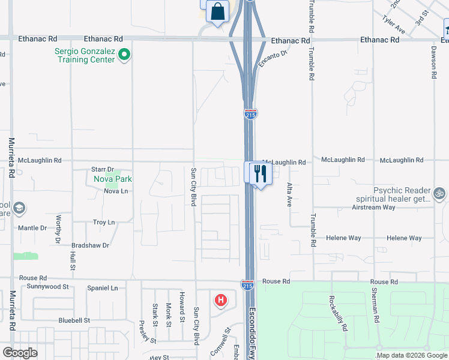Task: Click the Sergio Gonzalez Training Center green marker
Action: pyautogui.click(x=124, y=56)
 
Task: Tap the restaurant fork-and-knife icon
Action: pyautogui.click(x=260, y=173)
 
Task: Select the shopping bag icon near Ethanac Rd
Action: pyautogui.click(x=217, y=11)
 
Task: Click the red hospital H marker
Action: pyautogui.click(x=221, y=299)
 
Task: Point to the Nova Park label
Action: pyautogui.click(x=112, y=179)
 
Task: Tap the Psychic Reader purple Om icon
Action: pyautogui.click(x=439, y=193)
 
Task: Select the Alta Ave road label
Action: pyautogui.click(x=289, y=194)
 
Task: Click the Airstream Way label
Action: pyautogui.click(x=373, y=208)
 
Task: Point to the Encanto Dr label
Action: pyautogui.click(x=273, y=58)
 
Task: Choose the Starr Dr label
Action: pyautogui.click(x=102, y=170)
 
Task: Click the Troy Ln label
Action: pyautogui.click(x=104, y=223)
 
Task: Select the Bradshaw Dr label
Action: pyautogui.click(x=90, y=245)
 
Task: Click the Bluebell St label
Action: pyautogui.click(x=74, y=320)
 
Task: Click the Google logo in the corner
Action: pyautogui.click(x=20, y=353)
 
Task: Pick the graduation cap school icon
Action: pyautogui.click(x=19, y=208)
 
